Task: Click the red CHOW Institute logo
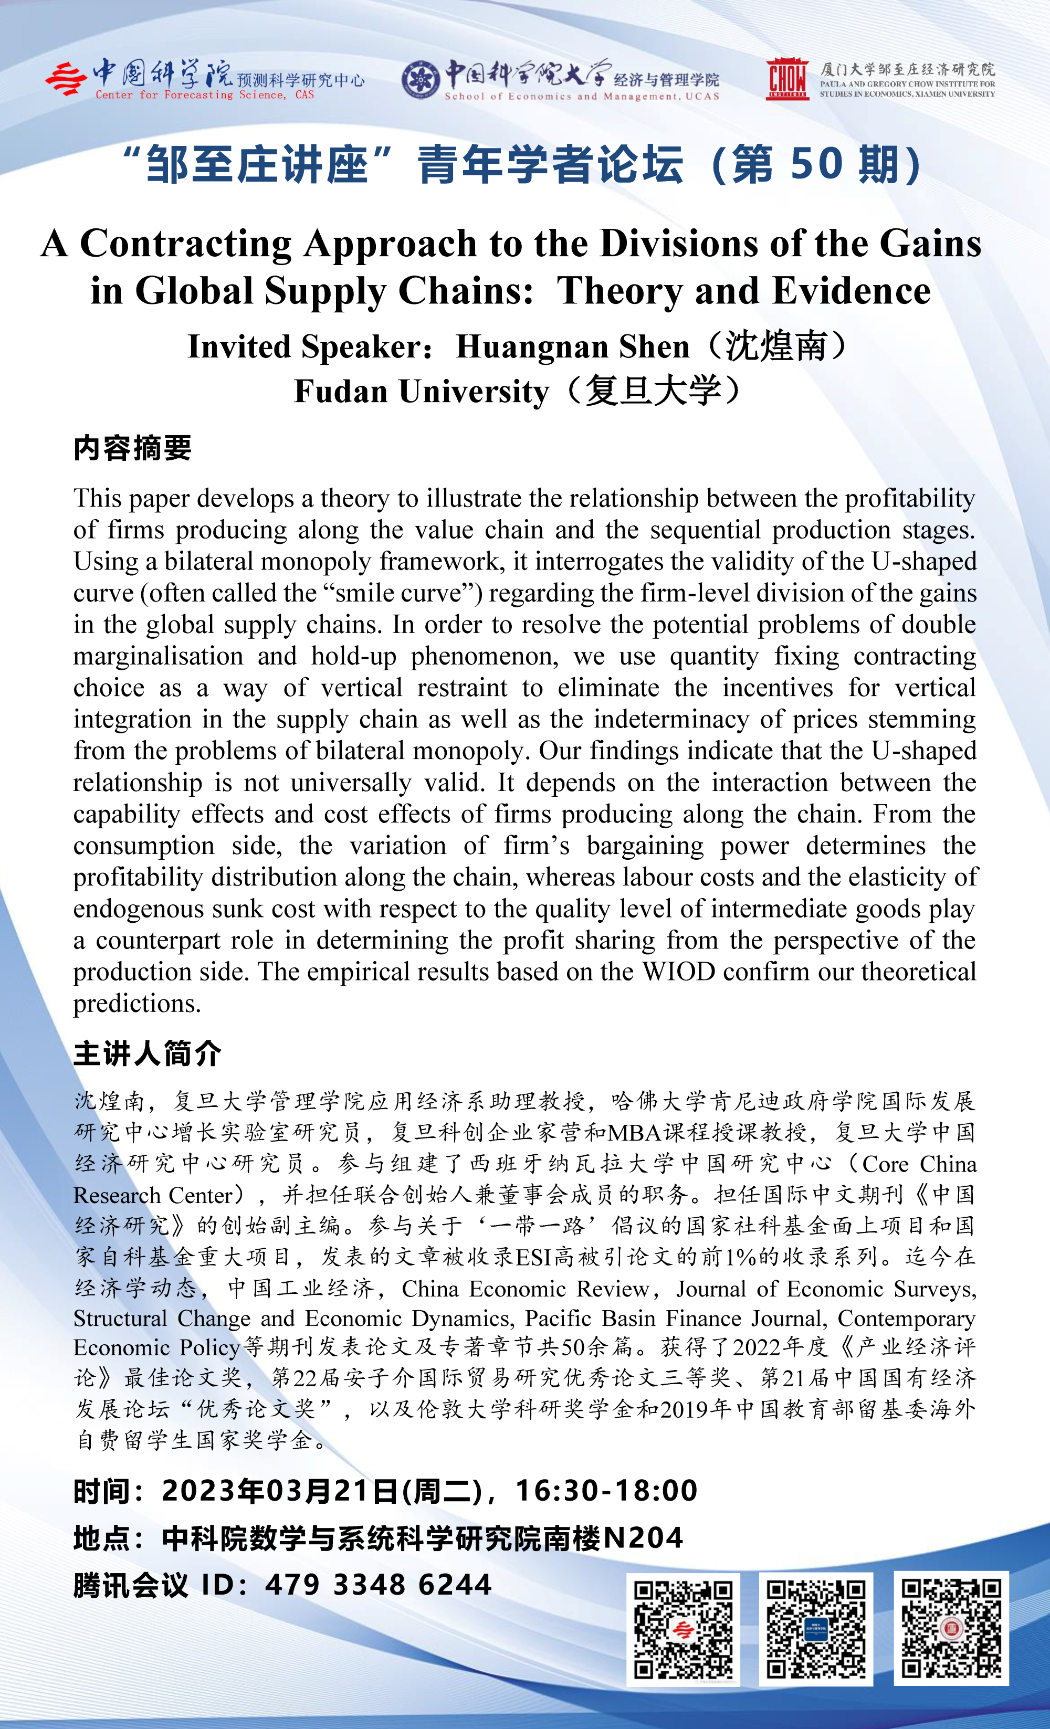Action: (x=787, y=79)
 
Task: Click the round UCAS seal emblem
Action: (x=421, y=79)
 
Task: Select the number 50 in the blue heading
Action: (x=816, y=165)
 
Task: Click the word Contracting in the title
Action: (x=185, y=244)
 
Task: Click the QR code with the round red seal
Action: (x=951, y=1628)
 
